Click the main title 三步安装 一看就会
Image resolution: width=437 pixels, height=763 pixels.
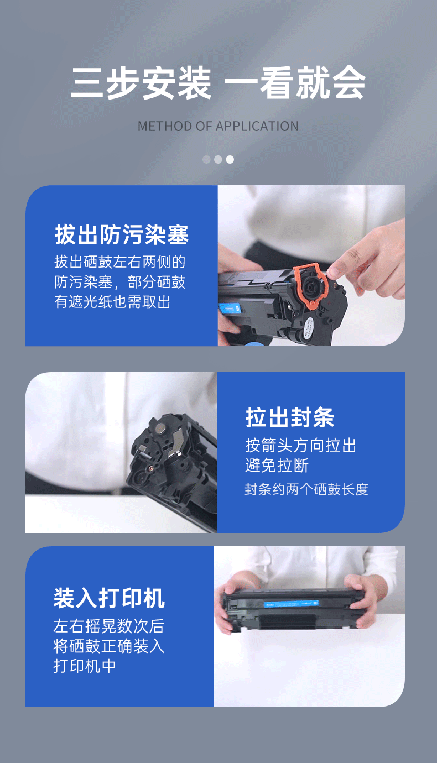click(218, 83)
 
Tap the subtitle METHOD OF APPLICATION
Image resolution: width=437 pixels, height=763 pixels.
click(218, 127)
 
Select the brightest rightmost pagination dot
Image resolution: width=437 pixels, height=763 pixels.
click(230, 159)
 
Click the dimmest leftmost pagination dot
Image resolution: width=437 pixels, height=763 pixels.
click(206, 159)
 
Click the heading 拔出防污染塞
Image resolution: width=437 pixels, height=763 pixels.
click(122, 234)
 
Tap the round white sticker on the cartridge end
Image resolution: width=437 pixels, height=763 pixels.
click(309, 328)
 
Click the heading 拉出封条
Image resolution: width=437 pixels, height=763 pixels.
click(290, 417)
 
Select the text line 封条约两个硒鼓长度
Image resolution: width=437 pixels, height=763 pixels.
click(306, 489)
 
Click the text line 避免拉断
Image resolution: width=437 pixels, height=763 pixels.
click(277, 466)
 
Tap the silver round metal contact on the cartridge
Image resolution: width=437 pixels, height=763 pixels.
click(160, 427)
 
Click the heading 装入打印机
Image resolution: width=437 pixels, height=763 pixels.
click(109, 598)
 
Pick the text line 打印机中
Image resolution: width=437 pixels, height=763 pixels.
click(85, 666)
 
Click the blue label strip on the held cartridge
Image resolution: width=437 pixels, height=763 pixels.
click(292, 603)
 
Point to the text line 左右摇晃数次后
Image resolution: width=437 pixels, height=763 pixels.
click(109, 626)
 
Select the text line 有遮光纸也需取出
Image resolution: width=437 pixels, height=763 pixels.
click(112, 302)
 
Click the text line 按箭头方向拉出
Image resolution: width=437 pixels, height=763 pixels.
click(301, 446)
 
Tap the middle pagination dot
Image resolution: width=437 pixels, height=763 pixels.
click(218, 159)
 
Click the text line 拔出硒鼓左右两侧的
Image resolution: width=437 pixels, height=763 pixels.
click(120, 262)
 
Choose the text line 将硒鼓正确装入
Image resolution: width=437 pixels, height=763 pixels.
click(109, 646)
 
